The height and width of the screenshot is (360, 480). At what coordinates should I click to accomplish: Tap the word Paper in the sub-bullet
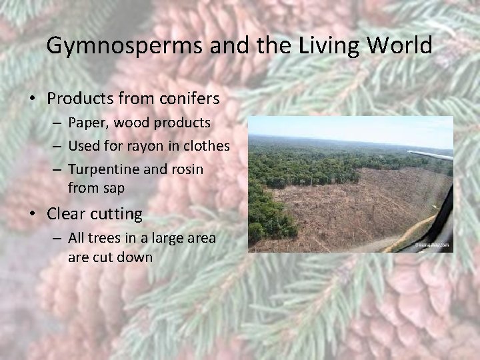(x=84, y=123)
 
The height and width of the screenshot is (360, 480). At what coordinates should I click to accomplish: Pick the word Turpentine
(x=103, y=169)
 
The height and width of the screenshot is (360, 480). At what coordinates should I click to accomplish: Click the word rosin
(x=187, y=169)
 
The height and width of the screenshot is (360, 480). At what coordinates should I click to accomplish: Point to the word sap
(x=113, y=188)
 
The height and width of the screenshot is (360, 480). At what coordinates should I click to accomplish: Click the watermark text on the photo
(x=433, y=245)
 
